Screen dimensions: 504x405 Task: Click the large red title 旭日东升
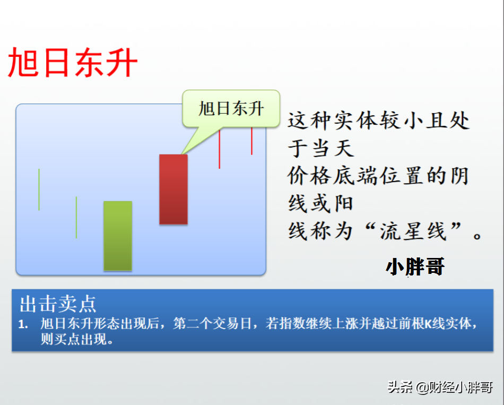[73, 63]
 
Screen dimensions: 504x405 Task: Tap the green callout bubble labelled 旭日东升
[231, 108]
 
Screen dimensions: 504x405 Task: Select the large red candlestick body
[173, 189]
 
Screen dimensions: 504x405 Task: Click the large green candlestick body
[118, 236]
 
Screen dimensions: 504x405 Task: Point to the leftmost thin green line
[39, 189]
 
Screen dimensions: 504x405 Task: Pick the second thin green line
[76, 218]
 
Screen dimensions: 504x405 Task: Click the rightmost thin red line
[251, 141]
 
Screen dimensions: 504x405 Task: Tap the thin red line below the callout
[220, 148]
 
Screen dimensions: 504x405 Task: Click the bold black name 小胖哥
[415, 266]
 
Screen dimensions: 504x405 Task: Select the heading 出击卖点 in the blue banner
[58, 304]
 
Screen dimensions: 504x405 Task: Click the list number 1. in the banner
[23, 324]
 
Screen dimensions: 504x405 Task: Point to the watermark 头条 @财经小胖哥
[440, 387]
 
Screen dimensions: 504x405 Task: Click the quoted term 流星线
[413, 231]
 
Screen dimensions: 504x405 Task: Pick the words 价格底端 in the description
[332, 176]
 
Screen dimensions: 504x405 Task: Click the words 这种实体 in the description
[333, 120]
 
